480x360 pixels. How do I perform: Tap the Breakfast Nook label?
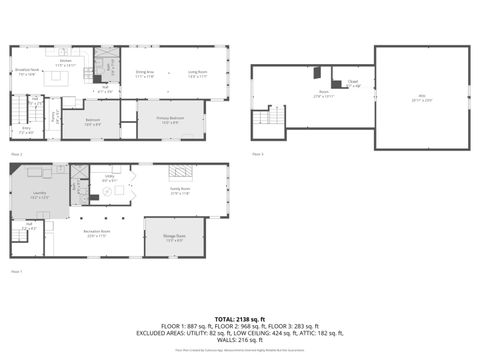pos(26,71)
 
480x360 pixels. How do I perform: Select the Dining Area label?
pos(144,73)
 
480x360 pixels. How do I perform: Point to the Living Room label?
pos(197,73)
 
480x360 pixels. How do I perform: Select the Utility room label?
pos(109,180)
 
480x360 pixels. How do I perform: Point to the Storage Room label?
pos(174,238)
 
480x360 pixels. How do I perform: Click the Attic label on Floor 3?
pos(421,98)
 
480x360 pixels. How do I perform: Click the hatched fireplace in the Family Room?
pos(180,171)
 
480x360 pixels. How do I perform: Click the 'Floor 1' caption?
pos(16,271)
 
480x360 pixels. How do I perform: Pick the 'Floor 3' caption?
pos(257,154)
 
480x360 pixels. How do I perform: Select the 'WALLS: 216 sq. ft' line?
pos(240,341)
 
